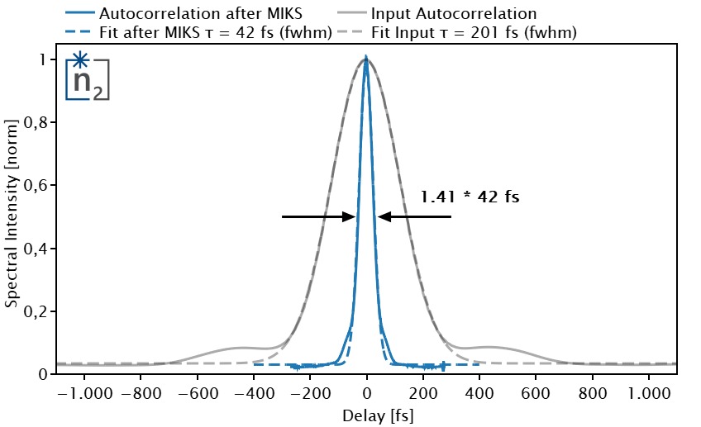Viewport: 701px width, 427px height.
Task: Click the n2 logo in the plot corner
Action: tap(88, 77)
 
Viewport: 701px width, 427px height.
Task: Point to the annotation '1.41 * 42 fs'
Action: tap(470, 197)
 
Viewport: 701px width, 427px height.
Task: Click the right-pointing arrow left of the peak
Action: tap(319, 217)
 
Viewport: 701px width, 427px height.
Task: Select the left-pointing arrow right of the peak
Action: tap(414, 217)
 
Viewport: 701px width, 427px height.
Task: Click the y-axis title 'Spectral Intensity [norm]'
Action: tap(12, 212)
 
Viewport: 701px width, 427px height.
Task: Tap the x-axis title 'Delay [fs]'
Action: tap(366, 415)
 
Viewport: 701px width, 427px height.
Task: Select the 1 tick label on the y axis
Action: tap(45, 60)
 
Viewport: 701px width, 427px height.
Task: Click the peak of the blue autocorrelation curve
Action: tap(366, 59)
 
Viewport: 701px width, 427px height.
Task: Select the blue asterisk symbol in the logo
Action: tap(79, 60)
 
